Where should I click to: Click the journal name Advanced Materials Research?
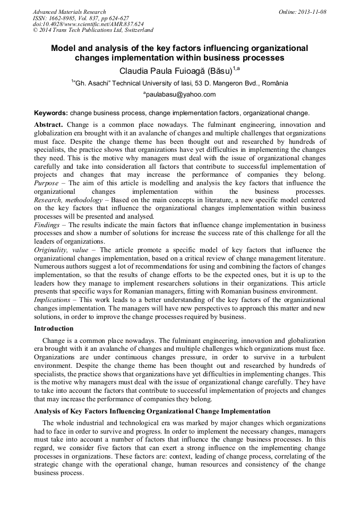pyautogui.click(x=69, y=12)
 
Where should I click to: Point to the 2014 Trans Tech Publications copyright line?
pyautogui.click(x=93, y=31)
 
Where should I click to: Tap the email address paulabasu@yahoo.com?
pyautogui.click(x=180, y=94)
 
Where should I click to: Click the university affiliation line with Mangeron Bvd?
pyautogui.click(x=180, y=83)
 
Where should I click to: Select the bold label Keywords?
pyautogui.click(x=51, y=113)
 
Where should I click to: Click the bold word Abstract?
pyautogui.click(x=48, y=124)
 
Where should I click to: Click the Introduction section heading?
pyautogui.click(x=54, y=329)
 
